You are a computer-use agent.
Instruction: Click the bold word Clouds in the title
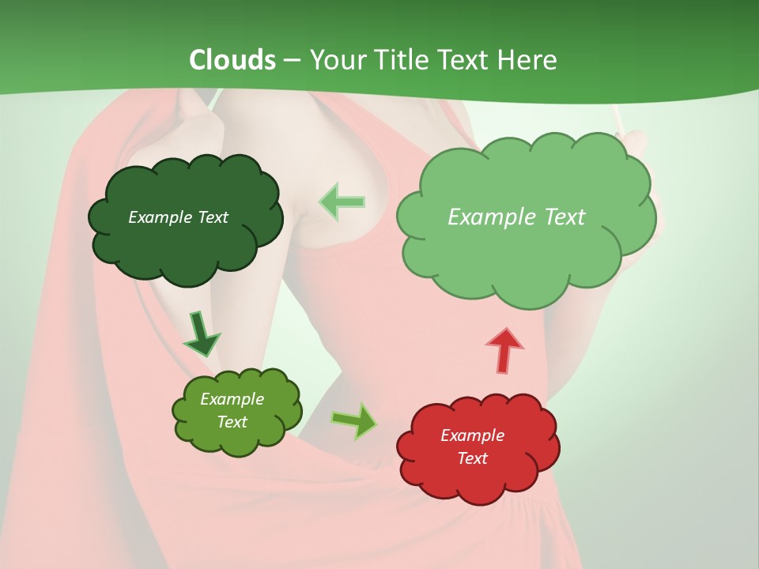click(232, 60)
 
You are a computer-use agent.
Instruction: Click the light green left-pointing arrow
click(342, 202)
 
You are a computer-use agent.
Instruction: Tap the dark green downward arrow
click(201, 333)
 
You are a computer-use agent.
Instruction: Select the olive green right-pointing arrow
click(354, 420)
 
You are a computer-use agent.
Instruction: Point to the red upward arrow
click(504, 349)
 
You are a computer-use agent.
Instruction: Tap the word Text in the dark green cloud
click(212, 217)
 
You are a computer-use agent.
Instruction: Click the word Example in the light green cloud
click(492, 217)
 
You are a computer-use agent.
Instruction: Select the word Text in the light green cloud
click(563, 217)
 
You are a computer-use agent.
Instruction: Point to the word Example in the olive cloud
click(232, 399)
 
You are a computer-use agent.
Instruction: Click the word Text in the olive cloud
click(232, 422)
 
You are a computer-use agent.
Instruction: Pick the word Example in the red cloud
click(472, 435)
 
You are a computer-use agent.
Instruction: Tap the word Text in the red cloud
click(472, 458)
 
